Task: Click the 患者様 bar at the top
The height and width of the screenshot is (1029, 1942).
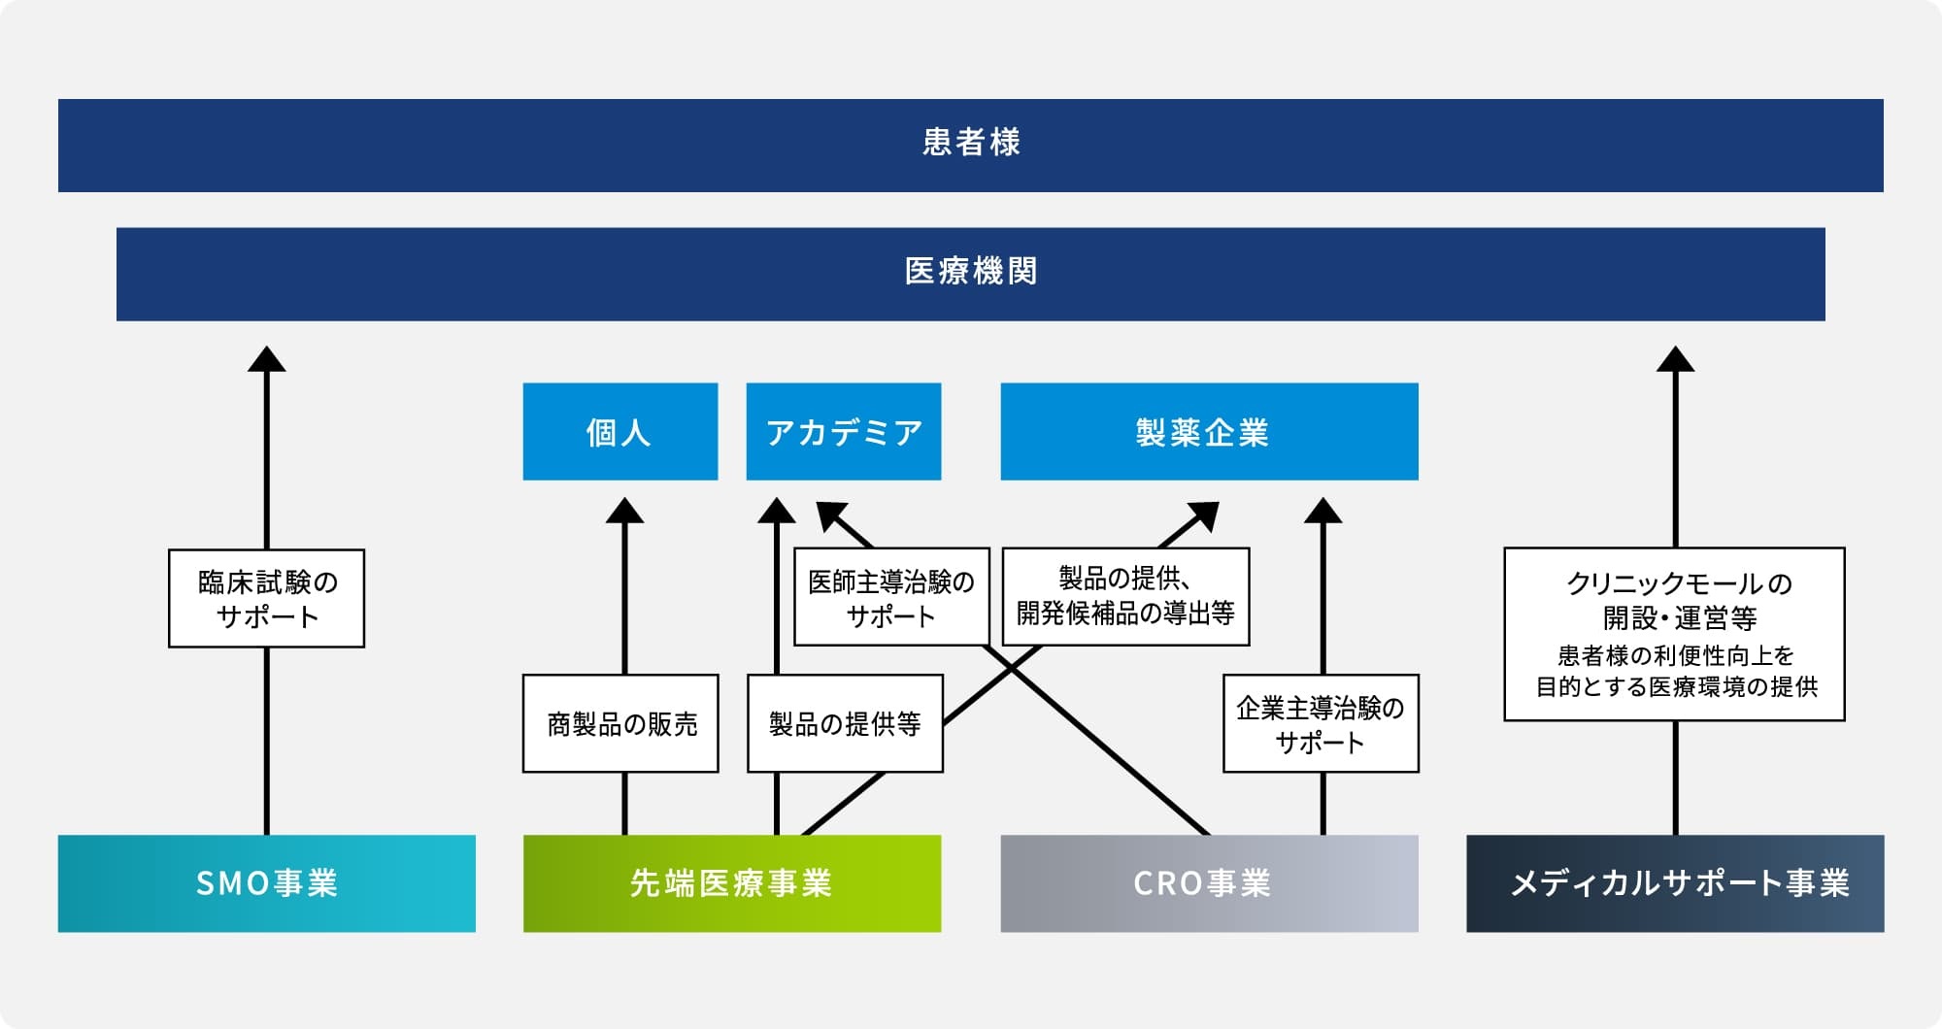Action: click(x=971, y=146)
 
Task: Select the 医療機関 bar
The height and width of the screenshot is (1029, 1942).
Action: click(x=971, y=274)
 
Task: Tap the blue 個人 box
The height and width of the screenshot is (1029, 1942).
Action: click(x=620, y=431)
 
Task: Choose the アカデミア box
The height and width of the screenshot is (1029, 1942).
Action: click(x=844, y=431)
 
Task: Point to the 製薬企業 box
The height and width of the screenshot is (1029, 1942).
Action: click(x=1210, y=431)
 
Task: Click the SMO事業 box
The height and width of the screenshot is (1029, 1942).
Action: click(x=267, y=883)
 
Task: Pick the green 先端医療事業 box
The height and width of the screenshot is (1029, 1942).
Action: click(x=732, y=883)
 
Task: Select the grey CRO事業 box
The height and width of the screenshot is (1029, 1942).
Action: click(x=1210, y=883)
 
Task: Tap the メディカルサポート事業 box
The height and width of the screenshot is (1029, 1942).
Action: click(x=1675, y=883)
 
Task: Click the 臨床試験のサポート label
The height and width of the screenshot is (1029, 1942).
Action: click(x=267, y=598)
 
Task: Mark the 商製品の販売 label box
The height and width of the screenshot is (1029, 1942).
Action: click(x=620, y=723)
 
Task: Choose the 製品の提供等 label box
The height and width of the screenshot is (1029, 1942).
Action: click(x=845, y=723)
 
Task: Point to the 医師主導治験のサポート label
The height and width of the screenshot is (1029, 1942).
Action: click(x=891, y=597)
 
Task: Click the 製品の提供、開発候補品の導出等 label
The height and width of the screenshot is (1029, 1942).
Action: click(x=1125, y=597)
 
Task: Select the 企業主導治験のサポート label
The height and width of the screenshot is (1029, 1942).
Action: click(x=1321, y=723)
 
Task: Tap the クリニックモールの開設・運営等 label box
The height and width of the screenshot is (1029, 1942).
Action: click(x=1674, y=634)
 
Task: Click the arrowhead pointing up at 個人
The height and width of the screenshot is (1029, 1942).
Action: click(x=624, y=511)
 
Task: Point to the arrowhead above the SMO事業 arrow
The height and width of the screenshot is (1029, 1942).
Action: click(x=267, y=359)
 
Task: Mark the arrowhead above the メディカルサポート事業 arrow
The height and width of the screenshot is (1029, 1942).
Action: click(x=1675, y=359)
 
